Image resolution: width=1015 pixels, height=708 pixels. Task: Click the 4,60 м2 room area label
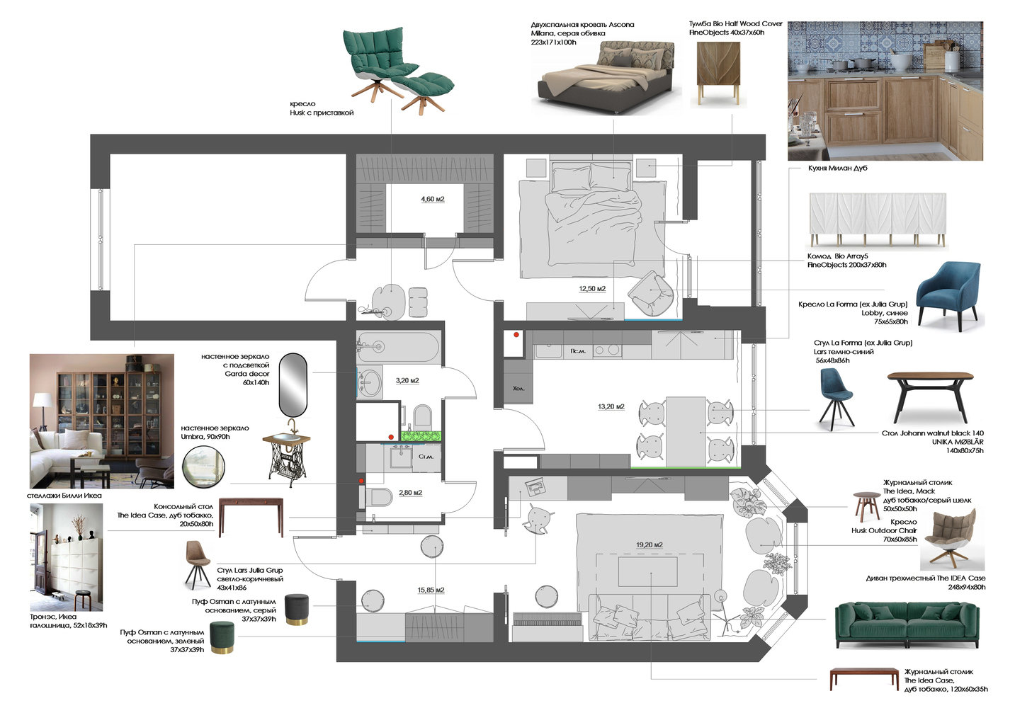click(433, 199)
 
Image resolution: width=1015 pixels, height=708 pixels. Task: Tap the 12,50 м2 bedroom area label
click(592, 289)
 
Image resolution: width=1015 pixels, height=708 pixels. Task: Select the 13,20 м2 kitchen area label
click(611, 406)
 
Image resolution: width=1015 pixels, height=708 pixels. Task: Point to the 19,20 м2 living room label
click(650, 545)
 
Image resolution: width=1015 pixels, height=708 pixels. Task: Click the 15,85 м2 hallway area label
click(431, 590)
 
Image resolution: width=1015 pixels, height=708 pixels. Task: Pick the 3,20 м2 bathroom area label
click(407, 380)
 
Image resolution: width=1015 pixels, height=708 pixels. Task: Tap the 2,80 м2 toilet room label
click(411, 492)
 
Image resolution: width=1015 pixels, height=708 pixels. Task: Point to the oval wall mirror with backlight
click(293, 384)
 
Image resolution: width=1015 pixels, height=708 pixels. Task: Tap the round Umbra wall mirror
click(204, 467)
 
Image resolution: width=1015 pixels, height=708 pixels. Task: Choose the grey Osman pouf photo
click(297, 610)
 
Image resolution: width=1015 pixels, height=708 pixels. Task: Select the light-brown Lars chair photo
click(198, 564)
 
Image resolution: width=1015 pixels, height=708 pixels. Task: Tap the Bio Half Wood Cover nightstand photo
click(718, 72)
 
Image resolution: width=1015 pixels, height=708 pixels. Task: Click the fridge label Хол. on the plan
click(518, 388)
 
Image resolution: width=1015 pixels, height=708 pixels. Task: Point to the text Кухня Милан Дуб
click(838, 168)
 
